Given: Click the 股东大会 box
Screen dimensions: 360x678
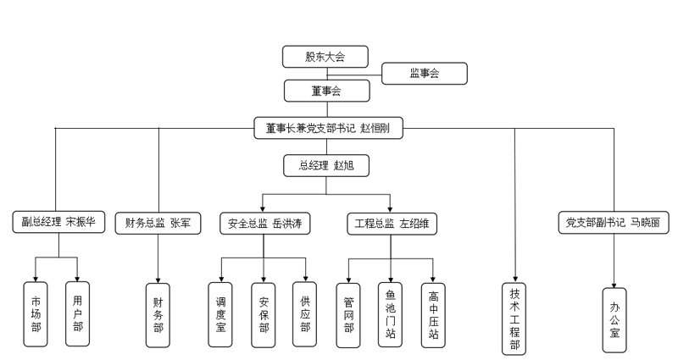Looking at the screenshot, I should pos(325,57).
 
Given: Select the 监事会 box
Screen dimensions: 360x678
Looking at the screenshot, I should pos(424,75).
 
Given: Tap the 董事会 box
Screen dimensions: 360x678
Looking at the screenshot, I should pos(325,91).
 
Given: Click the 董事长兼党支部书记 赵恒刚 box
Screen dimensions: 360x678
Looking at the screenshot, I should pos(328,128).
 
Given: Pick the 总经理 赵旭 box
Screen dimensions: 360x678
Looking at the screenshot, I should pos(326,164).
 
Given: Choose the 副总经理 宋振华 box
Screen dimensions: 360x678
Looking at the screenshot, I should pos(58,223).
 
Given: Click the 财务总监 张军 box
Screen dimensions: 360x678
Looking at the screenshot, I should pos(158,223).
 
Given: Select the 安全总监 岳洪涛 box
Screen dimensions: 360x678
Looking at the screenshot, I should pos(264,223).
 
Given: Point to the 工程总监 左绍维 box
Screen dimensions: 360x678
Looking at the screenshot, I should pos(391,223).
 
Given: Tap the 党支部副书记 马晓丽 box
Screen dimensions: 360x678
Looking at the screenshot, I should pos(612,223).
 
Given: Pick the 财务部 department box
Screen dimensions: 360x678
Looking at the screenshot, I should pos(158,313).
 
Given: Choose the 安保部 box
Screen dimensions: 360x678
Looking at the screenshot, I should pos(264,313).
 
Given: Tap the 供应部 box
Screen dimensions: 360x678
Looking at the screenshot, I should pos(305,313).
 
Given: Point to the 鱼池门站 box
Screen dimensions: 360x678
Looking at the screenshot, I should pos(390,313).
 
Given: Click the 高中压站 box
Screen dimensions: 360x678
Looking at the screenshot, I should pos(433,313).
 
